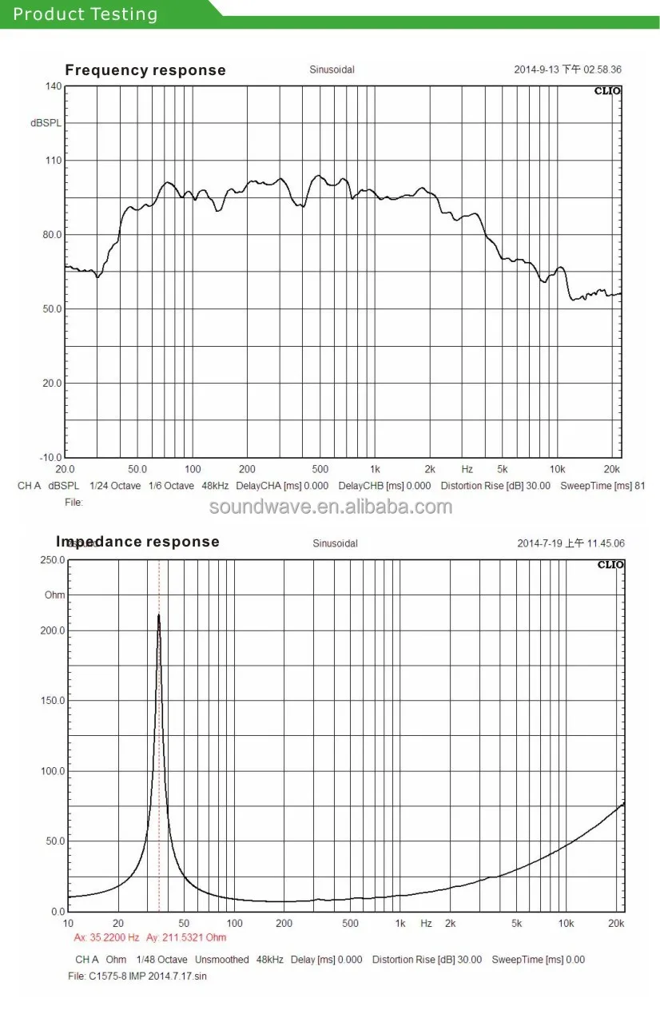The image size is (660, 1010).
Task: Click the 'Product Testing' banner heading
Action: (x=85, y=14)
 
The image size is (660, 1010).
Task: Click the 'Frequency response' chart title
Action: (x=145, y=70)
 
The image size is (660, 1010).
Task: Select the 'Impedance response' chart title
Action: (x=137, y=542)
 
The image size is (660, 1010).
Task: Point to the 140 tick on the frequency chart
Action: (x=53, y=86)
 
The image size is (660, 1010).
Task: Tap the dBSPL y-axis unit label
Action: (x=46, y=123)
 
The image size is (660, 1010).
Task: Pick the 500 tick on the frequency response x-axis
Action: (x=320, y=470)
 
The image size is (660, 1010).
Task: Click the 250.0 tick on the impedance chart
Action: (x=54, y=560)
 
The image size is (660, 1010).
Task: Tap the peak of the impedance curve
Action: (x=159, y=614)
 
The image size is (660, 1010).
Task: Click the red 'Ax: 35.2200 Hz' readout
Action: (x=106, y=937)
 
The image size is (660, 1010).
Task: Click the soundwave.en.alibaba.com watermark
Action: (x=330, y=507)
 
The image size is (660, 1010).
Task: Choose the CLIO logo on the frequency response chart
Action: (x=606, y=91)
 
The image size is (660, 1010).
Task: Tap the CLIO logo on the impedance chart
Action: (x=610, y=565)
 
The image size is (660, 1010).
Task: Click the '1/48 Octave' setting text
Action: (x=163, y=960)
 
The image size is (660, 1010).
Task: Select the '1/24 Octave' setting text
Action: (x=115, y=486)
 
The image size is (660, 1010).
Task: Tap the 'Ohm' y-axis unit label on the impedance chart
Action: (x=54, y=595)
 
